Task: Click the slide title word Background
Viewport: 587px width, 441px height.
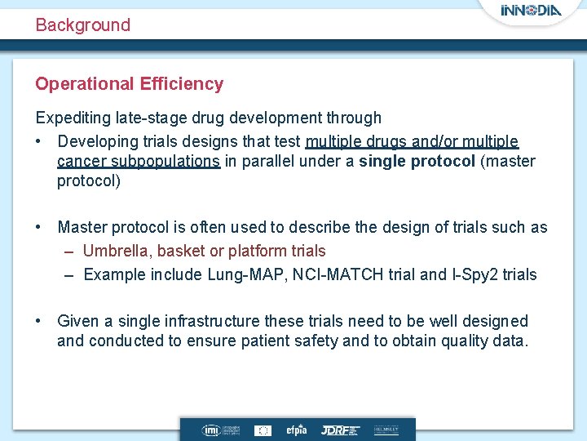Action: [x=82, y=24]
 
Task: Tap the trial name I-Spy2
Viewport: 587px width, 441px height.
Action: [x=473, y=274]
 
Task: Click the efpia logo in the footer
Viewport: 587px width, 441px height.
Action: [x=296, y=430]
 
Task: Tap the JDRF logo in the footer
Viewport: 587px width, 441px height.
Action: [x=338, y=430]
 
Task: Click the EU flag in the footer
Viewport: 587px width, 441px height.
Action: [x=263, y=430]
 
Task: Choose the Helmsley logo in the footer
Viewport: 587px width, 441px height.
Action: [x=386, y=430]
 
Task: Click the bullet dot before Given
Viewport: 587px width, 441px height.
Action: [x=39, y=321]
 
